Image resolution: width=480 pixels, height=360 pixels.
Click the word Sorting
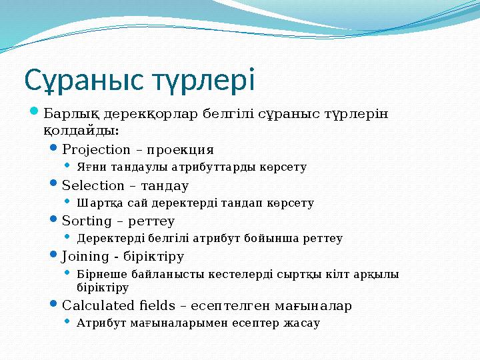point(84,221)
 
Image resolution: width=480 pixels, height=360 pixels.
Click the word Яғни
point(89,167)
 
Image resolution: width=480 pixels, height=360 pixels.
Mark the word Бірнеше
point(99,274)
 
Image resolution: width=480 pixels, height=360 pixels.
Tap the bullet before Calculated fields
point(55,305)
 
